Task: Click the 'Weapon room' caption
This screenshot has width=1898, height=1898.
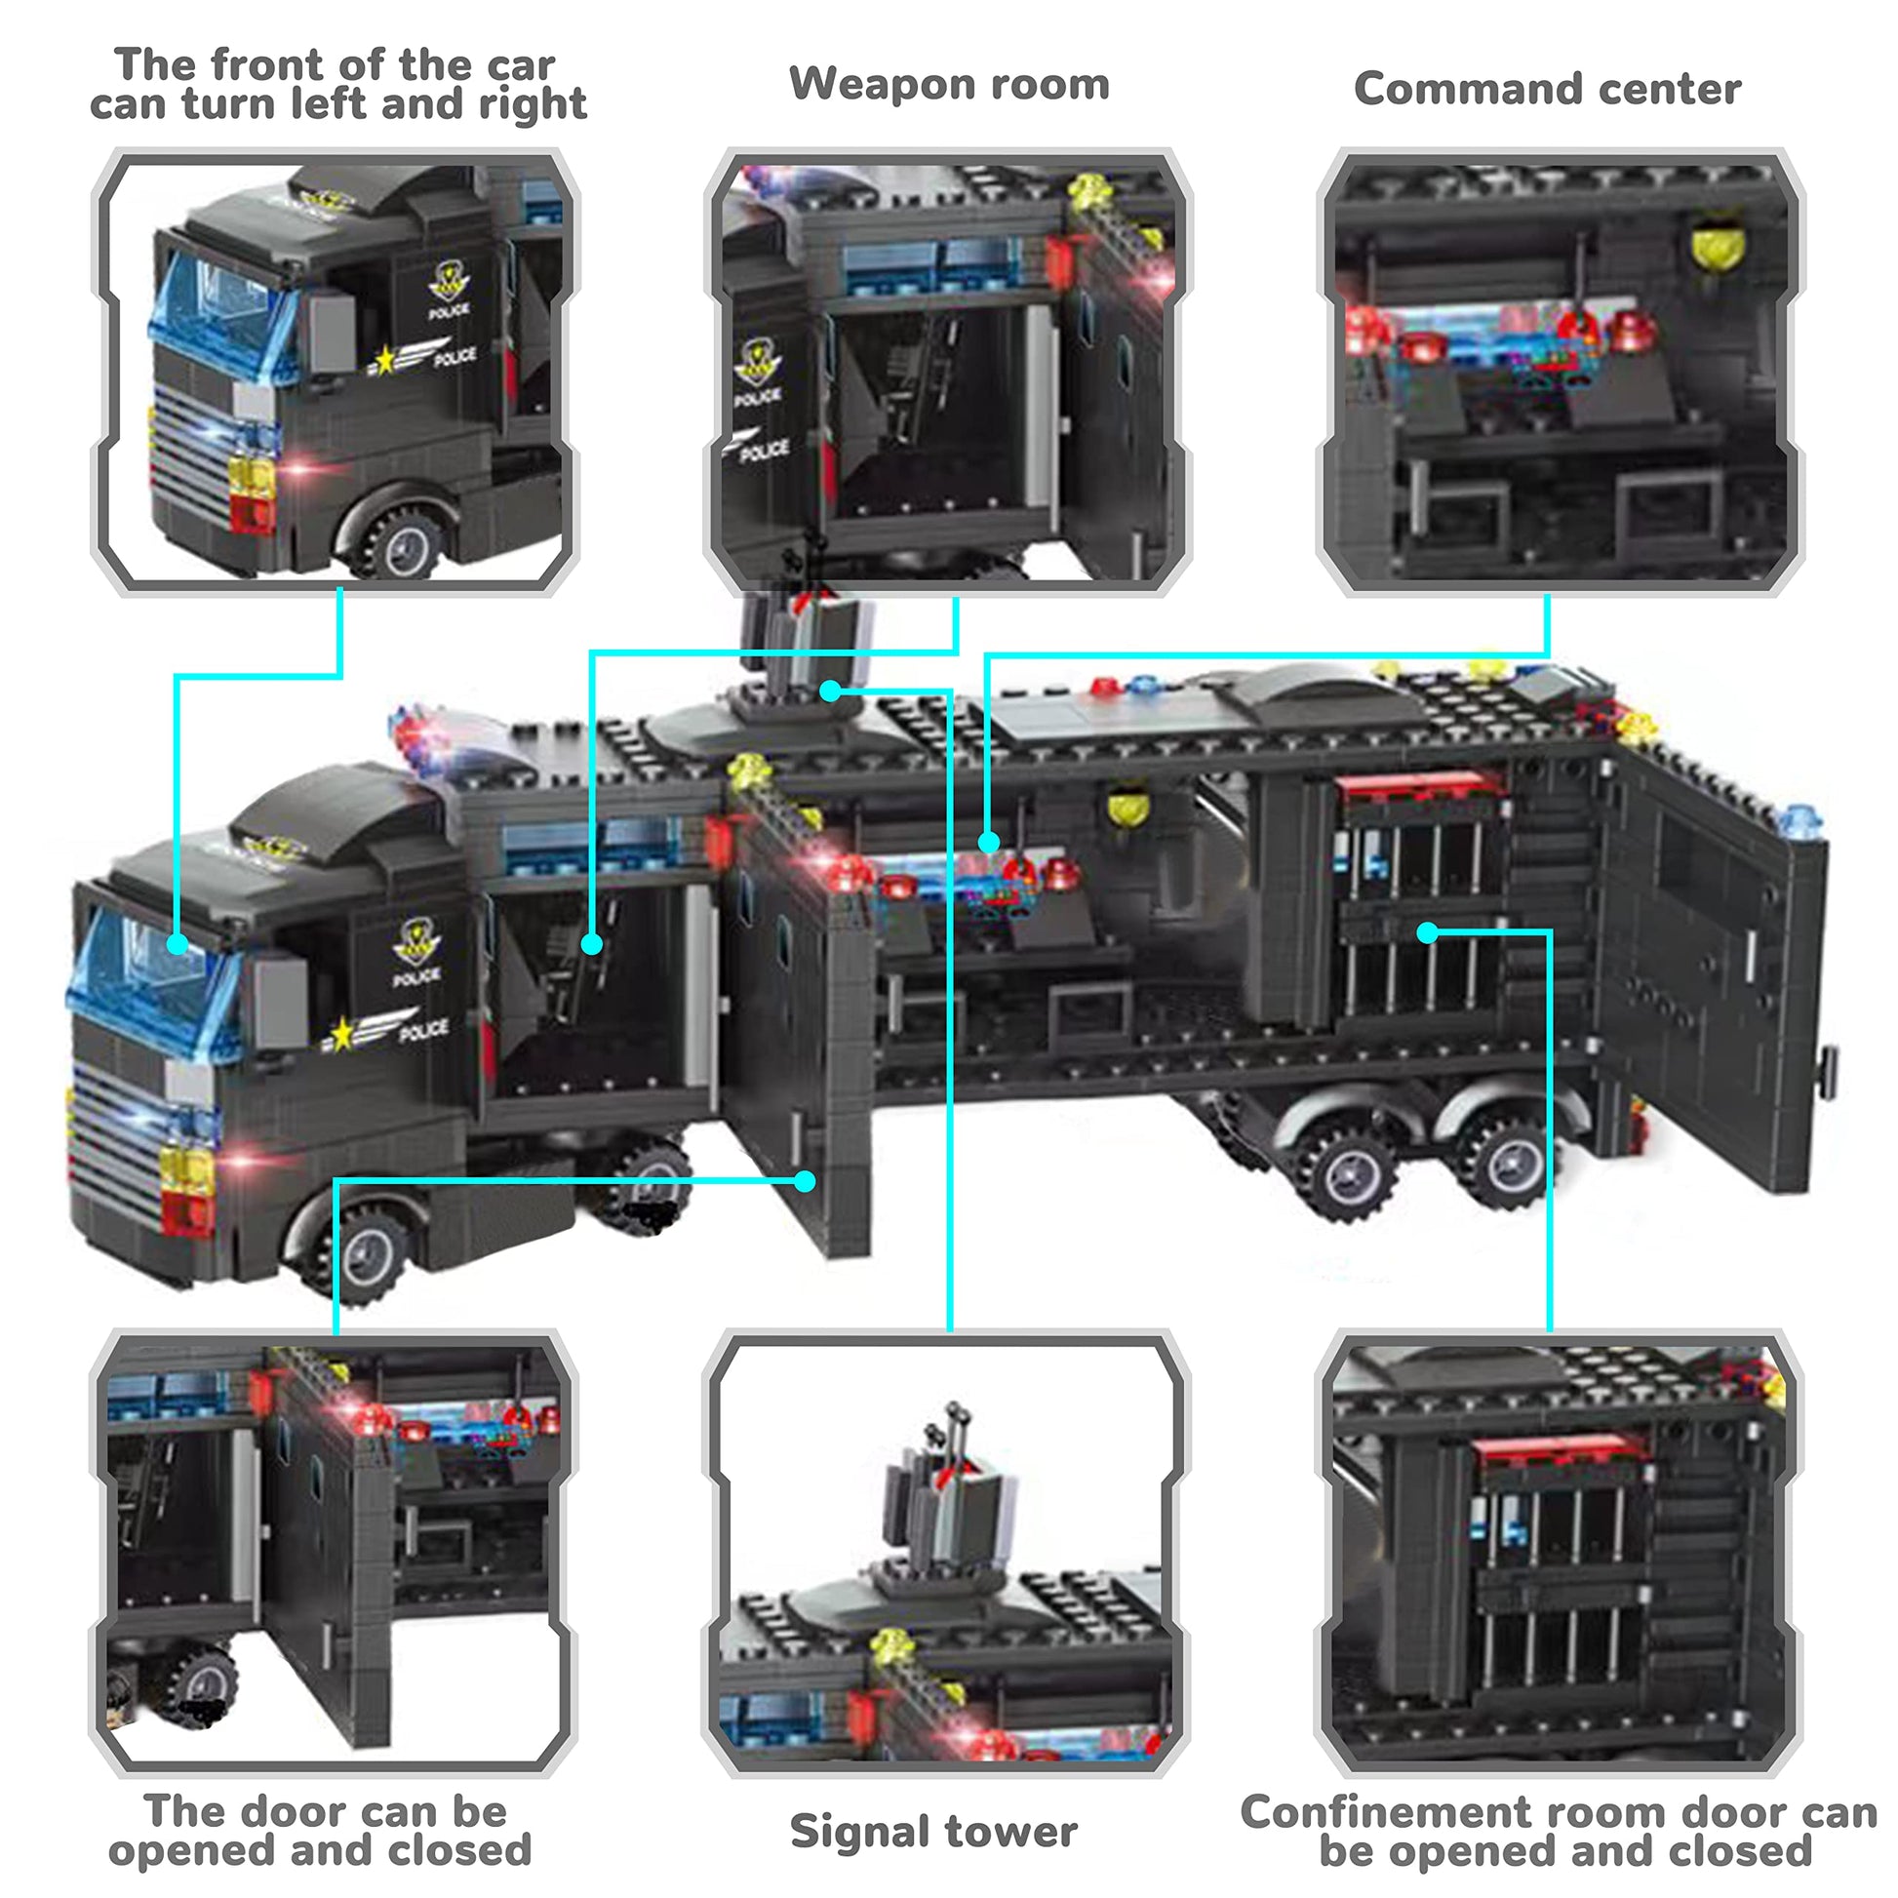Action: point(949,85)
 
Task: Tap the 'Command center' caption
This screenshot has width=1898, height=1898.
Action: point(1547,89)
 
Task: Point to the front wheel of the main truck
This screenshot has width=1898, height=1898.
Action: point(369,1253)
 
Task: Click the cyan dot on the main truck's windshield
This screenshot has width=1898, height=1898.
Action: point(177,944)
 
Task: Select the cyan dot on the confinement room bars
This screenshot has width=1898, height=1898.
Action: point(1429,932)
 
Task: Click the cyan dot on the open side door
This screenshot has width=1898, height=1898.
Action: point(805,1181)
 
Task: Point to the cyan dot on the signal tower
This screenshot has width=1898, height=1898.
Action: point(831,692)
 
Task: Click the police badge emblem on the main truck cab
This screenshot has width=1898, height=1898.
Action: point(416,943)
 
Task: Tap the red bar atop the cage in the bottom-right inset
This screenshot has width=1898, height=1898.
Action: point(1562,1447)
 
